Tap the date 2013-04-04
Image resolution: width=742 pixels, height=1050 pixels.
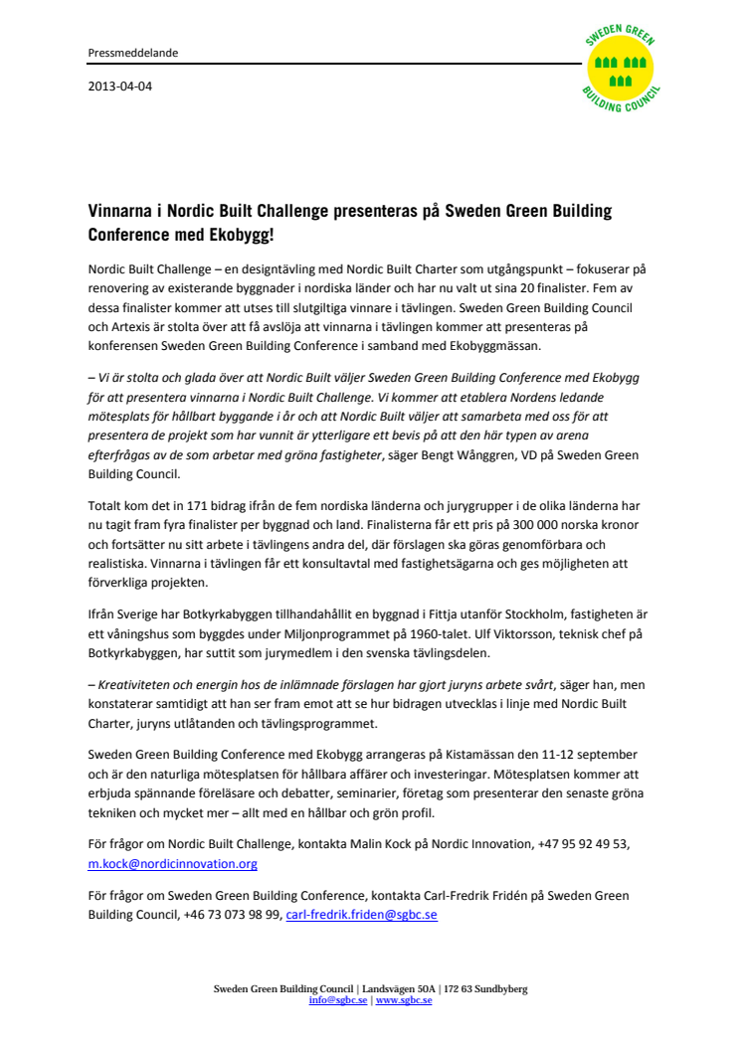tap(120, 86)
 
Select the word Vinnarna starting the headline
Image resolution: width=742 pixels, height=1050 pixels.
tap(120, 212)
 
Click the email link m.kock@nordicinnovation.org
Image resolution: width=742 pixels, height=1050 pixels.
tap(173, 864)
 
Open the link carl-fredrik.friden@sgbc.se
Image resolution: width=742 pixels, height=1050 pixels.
tap(361, 915)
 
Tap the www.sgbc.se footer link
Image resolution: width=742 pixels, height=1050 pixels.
tap(404, 1000)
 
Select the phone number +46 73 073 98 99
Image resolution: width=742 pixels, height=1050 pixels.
tap(232, 915)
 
